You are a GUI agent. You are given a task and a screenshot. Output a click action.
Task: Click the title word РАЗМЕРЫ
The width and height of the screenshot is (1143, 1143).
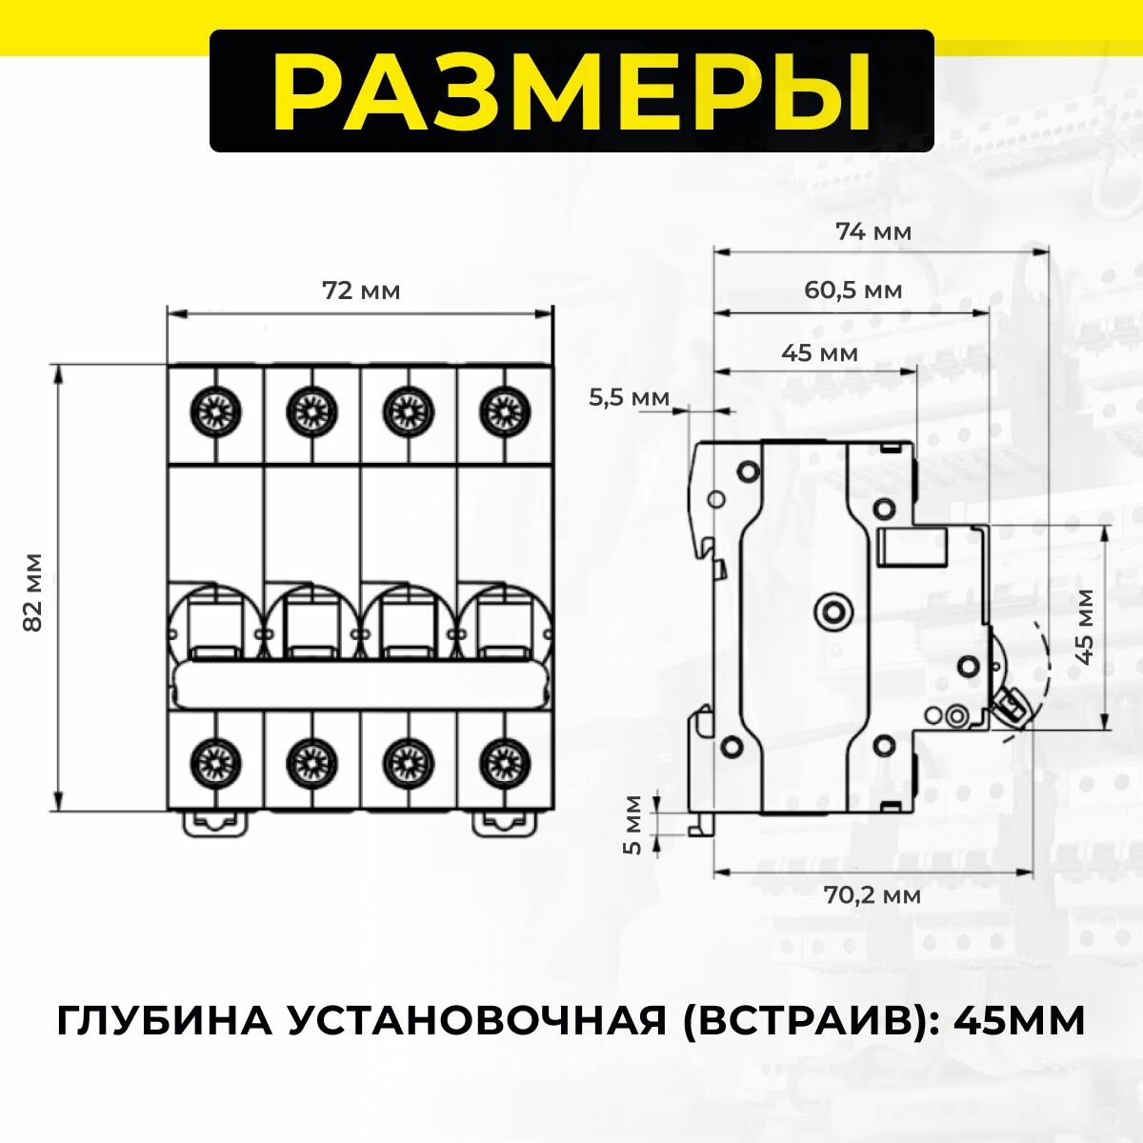coord(571,91)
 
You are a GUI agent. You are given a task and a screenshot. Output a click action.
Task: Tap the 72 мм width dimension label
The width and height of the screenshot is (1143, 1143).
coord(361,291)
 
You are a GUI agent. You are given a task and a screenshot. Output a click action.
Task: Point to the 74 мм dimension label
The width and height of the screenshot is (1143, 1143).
coord(873,231)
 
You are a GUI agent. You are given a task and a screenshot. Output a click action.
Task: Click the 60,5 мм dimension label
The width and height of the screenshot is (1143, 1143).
coord(852,290)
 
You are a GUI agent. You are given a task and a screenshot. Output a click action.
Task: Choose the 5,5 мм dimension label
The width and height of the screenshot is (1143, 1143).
coord(629,397)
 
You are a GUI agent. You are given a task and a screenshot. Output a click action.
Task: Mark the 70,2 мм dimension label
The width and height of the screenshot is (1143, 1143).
coord(872,895)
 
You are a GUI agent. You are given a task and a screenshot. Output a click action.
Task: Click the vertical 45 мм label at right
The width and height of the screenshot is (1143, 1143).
coord(1083,626)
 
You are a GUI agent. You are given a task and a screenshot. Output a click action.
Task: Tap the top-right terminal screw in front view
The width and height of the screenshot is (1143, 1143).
coord(504,411)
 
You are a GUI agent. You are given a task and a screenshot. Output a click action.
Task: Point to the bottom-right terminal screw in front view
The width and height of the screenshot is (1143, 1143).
coord(504,760)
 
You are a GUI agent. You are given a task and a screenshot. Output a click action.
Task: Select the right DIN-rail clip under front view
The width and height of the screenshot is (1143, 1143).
coord(506,822)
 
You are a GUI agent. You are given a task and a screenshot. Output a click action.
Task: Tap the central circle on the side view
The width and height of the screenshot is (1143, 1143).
coord(835,610)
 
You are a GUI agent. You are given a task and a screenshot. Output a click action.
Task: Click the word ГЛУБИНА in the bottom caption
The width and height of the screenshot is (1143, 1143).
coord(162,1021)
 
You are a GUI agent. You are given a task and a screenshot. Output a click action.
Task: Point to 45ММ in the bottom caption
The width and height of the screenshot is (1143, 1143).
coord(1019,1021)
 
